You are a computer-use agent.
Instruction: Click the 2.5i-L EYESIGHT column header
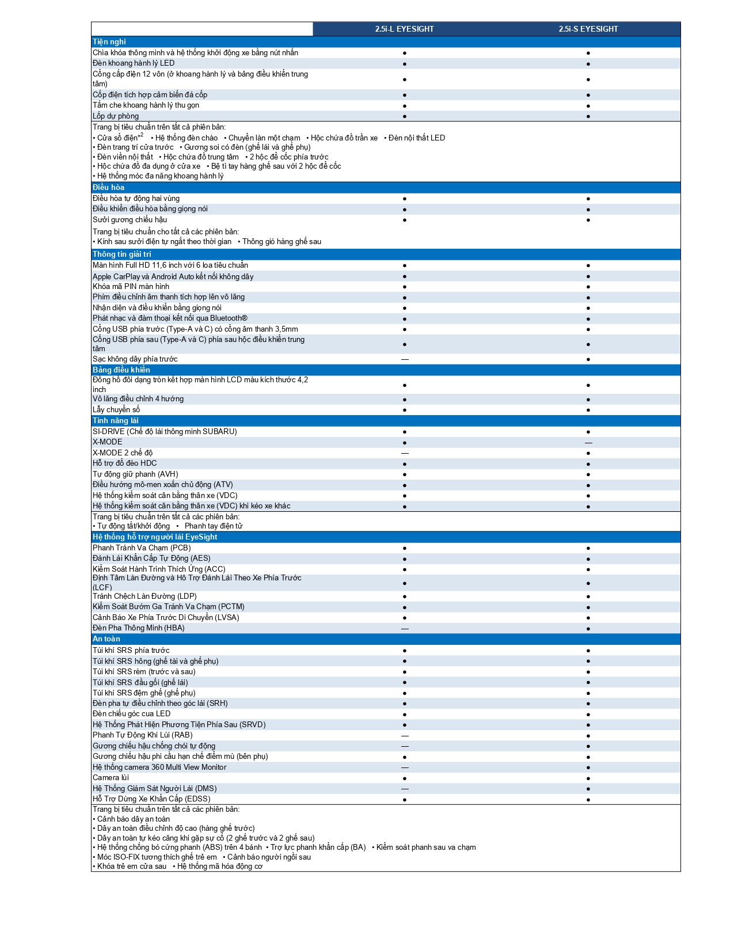click(x=404, y=29)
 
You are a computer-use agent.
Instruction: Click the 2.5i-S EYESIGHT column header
click(x=588, y=29)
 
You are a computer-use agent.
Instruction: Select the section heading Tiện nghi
click(x=109, y=42)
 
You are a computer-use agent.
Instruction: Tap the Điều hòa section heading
click(x=109, y=188)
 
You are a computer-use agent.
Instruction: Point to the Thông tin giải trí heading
click(x=122, y=254)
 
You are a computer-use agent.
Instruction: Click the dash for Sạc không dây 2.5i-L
click(x=405, y=359)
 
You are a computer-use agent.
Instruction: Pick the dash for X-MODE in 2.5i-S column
click(x=588, y=443)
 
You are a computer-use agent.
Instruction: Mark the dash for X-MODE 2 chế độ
click(x=405, y=453)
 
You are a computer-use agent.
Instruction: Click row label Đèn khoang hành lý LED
click(x=134, y=63)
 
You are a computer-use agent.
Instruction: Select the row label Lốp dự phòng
click(x=116, y=116)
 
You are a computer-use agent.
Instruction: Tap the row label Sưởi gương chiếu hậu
click(x=130, y=220)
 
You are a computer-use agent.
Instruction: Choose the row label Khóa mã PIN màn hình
click(x=131, y=287)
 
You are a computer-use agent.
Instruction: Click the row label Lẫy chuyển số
click(x=116, y=410)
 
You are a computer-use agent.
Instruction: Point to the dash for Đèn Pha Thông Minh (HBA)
click(x=405, y=629)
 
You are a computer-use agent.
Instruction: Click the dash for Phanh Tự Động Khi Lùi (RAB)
click(x=405, y=736)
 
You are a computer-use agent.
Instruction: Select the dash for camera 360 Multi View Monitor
click(x=405, y=767)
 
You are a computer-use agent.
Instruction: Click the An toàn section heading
click(x=107, y=639)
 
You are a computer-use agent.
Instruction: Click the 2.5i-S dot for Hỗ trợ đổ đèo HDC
click(x=588, y=464)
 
